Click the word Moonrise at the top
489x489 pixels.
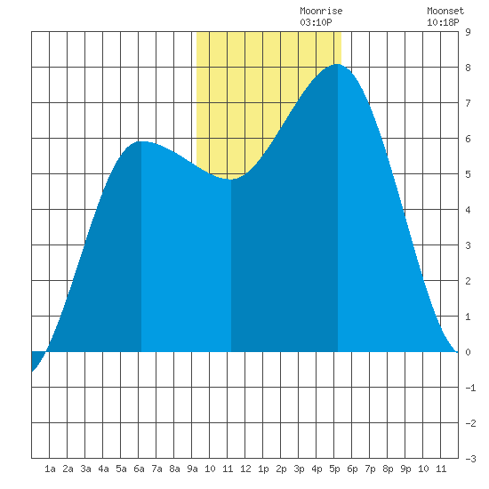pos(321,11)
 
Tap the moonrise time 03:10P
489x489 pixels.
pos(316,22)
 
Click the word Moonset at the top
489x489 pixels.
pos(445,11)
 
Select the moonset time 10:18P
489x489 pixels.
pos(443,22)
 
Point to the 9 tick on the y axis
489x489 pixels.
pos(468,32)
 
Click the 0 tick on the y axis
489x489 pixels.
pos(468,352)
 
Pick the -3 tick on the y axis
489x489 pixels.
pos(470,459)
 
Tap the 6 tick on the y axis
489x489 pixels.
pos(468,139)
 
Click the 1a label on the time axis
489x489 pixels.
pos(50,469)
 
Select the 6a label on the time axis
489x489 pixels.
pos(139,469)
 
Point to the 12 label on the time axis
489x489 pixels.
pos(245,469)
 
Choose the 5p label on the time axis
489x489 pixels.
pos(334,469)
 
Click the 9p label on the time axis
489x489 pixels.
pos(405,469)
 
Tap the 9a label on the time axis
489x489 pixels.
pos(192,469)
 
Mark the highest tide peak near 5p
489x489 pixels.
pos(338,64)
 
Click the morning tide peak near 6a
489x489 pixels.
pos(141,141)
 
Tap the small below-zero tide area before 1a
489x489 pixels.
pos(36,357)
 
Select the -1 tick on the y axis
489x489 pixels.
pos(470,388)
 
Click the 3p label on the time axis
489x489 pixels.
pos(299,469)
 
